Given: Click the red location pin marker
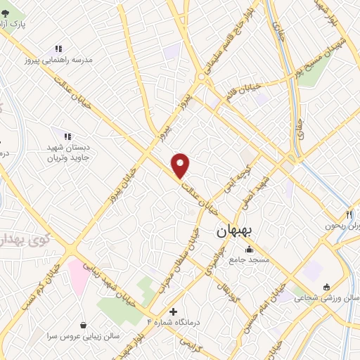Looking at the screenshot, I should [181, 165].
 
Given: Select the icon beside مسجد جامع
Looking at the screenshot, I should [249, 249].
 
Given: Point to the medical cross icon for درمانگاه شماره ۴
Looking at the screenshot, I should [174, 311].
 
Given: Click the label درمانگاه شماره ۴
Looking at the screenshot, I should [173, 322].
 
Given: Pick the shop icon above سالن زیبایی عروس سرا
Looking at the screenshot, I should [84, 325].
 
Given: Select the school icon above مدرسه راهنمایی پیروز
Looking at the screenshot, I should [59, 49].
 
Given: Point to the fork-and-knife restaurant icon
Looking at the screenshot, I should [349, 214].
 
